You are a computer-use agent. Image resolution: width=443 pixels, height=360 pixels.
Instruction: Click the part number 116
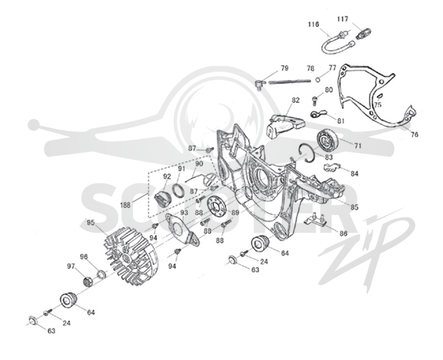tap(313, 24)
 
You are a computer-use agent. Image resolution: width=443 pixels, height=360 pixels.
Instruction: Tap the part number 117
tap(342, 19)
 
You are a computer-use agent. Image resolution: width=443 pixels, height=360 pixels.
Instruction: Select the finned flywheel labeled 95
tap(131, 256)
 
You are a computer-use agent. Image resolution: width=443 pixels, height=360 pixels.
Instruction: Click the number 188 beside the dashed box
tap(125, 205)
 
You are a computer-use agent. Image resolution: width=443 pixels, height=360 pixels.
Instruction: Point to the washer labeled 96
tap(101, 274)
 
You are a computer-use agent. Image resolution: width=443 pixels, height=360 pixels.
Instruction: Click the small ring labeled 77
tap(318, 80)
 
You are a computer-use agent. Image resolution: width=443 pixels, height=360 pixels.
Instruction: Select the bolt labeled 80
tap(315, 100)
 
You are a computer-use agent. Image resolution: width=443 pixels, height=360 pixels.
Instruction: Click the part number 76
tap(414, 135)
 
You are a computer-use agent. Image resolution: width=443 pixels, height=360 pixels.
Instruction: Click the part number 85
tap(354, 207)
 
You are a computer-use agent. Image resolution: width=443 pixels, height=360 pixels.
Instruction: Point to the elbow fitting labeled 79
tap(259, 85)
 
